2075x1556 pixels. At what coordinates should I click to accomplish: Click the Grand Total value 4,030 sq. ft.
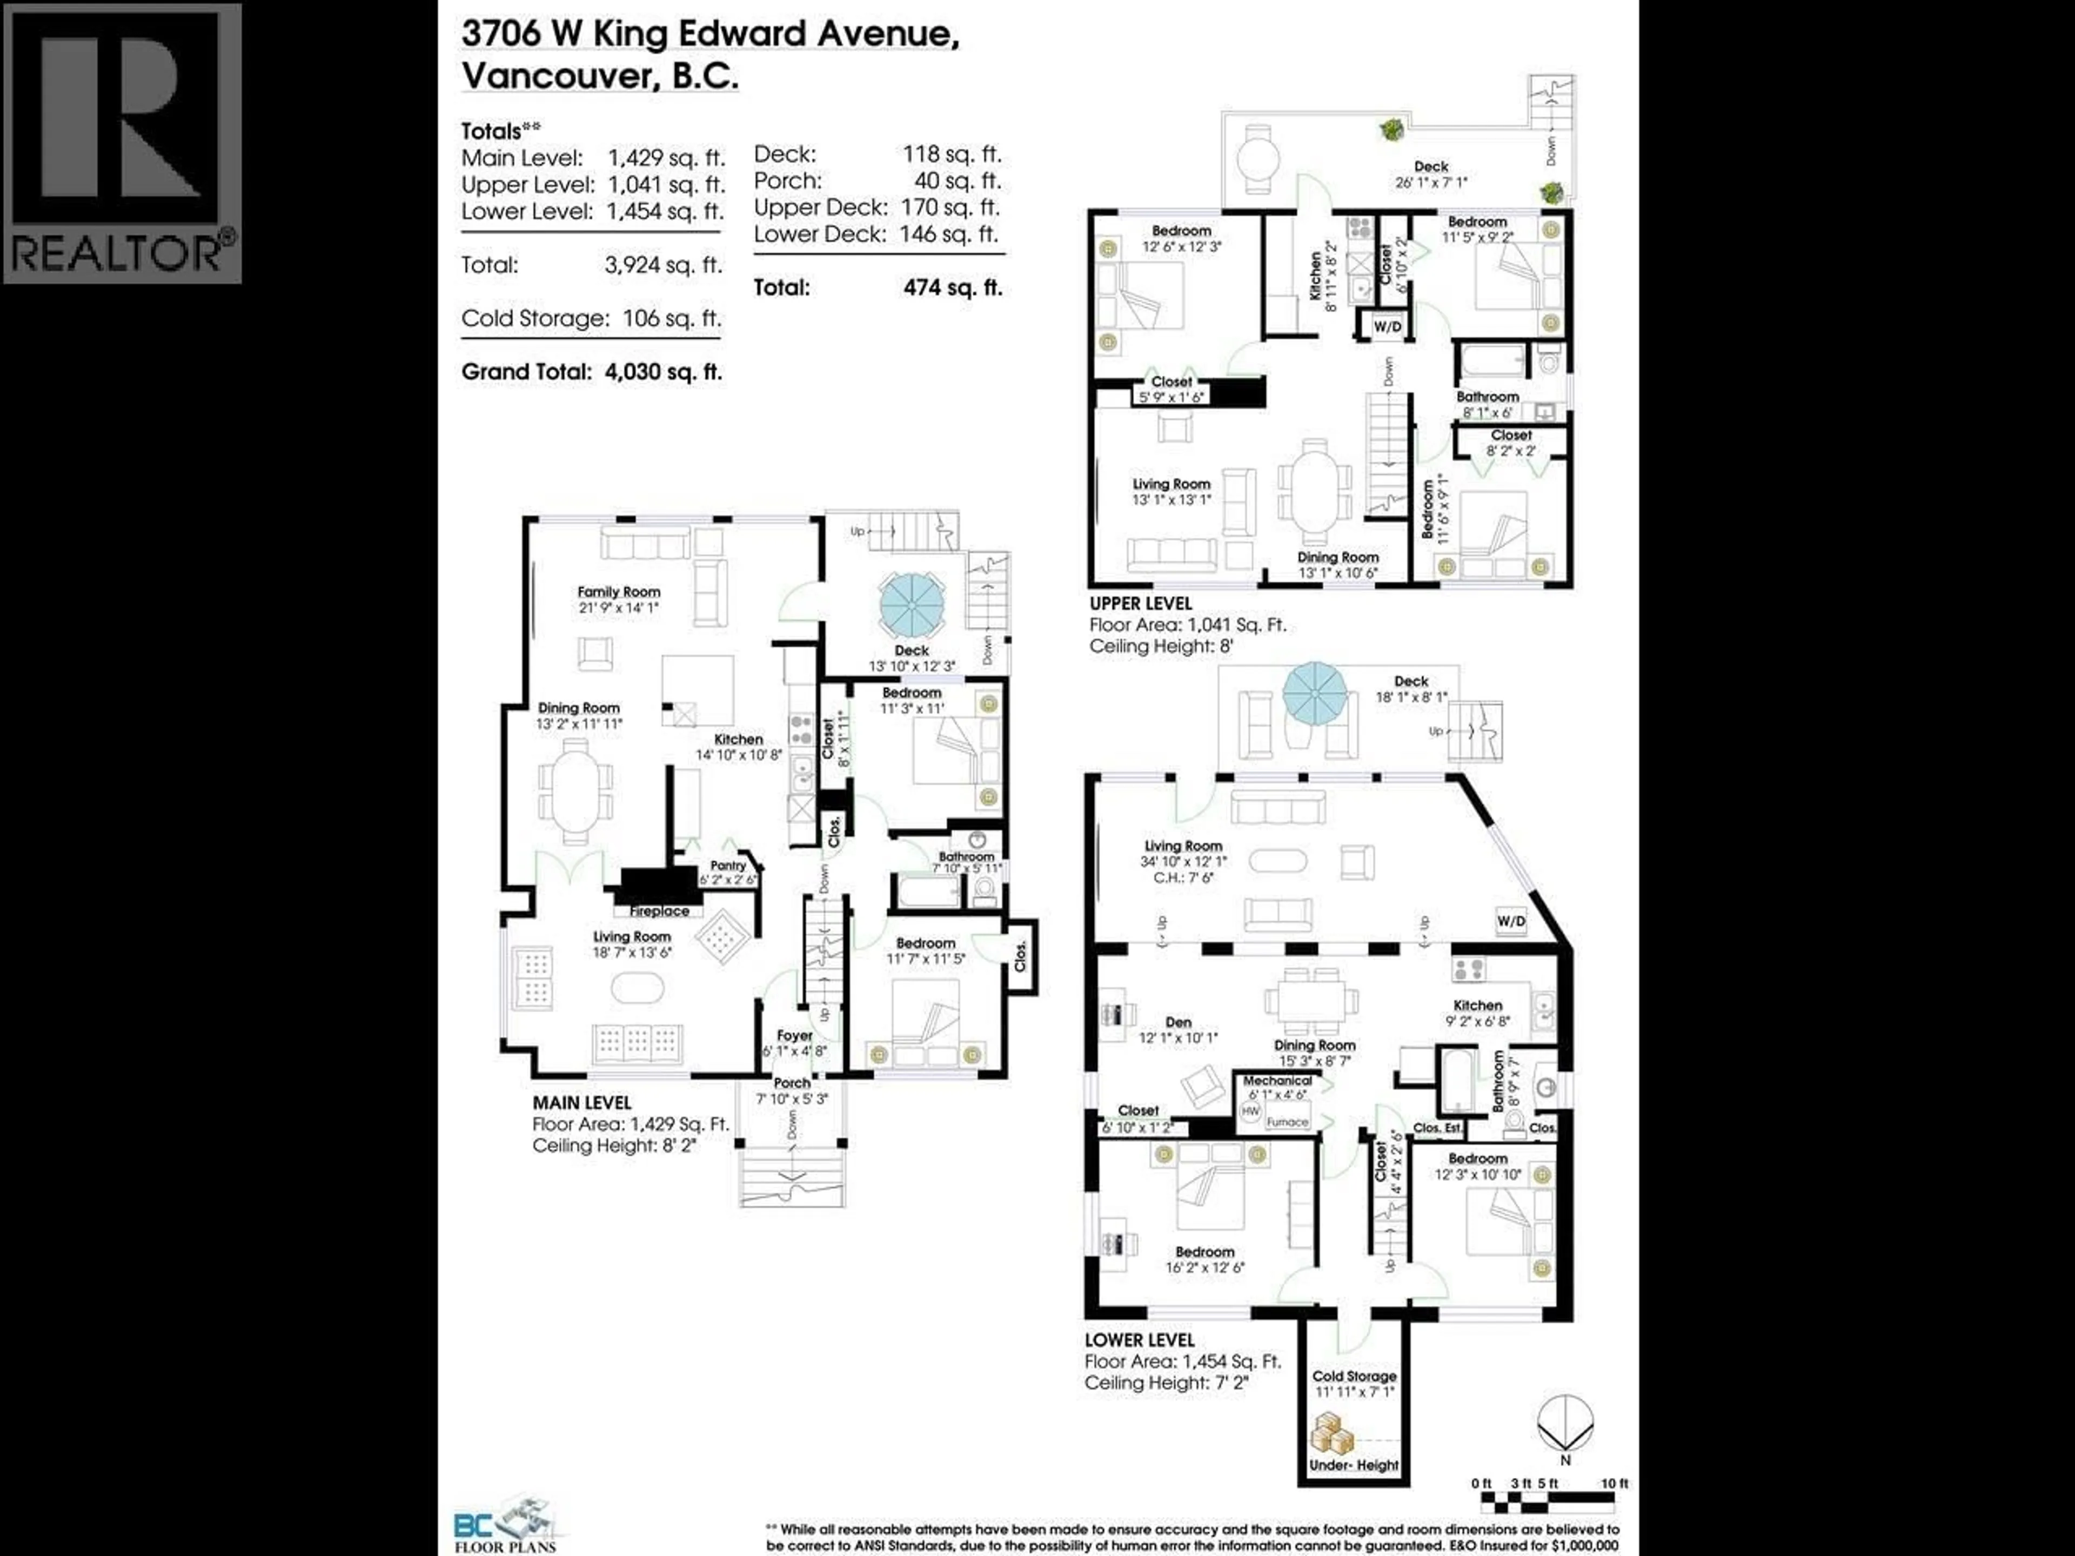coord(663,371)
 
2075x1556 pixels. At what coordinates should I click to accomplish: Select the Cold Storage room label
coord(1354,1376)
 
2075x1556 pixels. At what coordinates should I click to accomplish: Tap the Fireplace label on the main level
coord(659,911)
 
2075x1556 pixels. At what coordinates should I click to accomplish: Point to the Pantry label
coord(728,866)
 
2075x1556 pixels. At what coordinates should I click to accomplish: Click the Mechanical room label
coord(1277,1081)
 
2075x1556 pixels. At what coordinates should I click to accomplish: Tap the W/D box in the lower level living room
coord(1510,921)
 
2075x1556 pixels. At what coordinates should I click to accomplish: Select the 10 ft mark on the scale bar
coord(1615,1483)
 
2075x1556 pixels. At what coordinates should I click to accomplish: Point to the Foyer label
coord(794,1036)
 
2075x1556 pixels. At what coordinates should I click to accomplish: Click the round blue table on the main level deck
coord(911,606)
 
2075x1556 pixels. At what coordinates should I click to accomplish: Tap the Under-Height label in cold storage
coord(1354,1465)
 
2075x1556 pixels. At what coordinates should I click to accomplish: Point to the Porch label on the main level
coord(792,1082)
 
